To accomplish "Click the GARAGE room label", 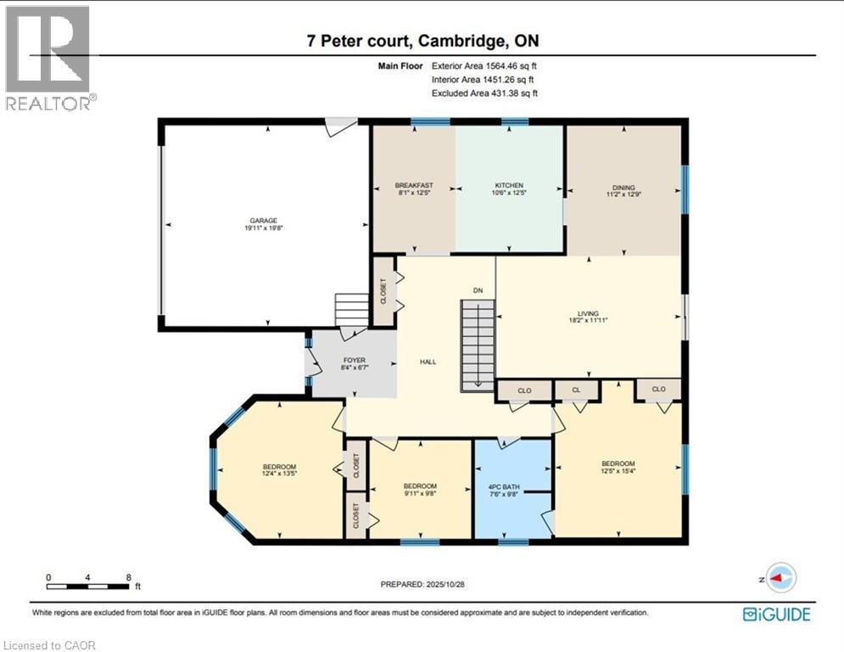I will pyautogui.click(x=264, y=221).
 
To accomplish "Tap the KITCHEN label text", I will pyautogui.click(x=509, y=185).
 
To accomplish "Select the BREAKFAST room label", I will pyautogui.click(x=414, y=185).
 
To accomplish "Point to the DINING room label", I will pyautogui.click(x=623, y=188).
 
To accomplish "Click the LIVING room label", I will pyautogui.click(x=589, y=313).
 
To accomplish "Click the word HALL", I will pyautogui.click(x=428, y=362).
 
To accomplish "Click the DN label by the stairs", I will pyautogui.click(x=478, y=291).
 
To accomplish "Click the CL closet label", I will pyautogui.click(x=576, y=391).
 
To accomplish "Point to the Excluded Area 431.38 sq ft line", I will pyautogui.click(x=485, y=93).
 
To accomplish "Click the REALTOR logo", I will pyautogui.click(x=49, y=58).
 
